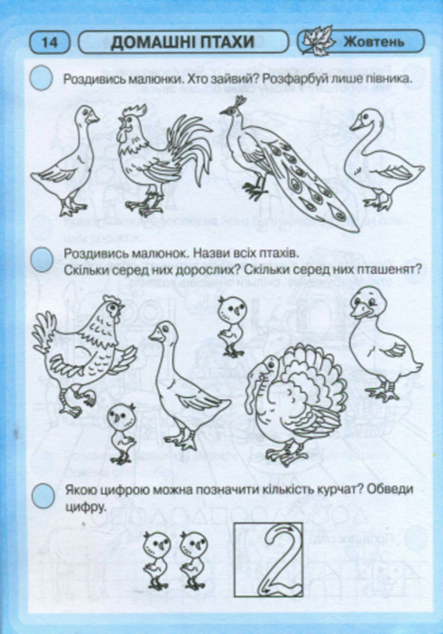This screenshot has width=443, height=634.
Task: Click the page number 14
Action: [x=50, y=42]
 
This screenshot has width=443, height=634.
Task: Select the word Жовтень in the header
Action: [x=374, y=41]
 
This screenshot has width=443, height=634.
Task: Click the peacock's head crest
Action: [x=240, y=101]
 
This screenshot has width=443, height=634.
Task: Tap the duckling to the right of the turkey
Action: [x=384, y=344]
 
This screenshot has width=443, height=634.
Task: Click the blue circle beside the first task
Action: [x=41, y=78]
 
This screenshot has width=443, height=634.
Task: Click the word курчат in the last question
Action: [x=334, y=490]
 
